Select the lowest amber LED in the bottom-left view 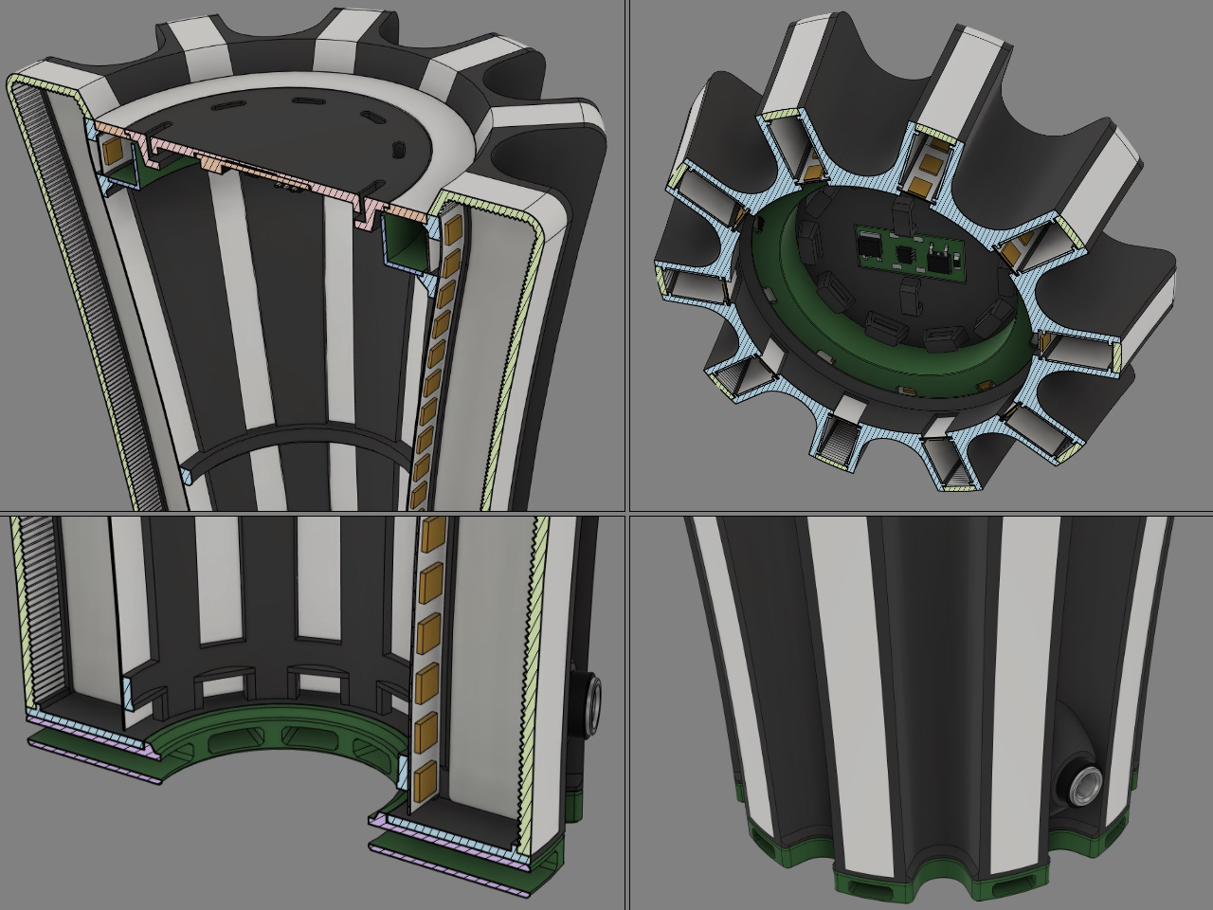pyautogui.click(x=422, y=775)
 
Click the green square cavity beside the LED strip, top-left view pyautogui.click(x=406, y=241)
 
